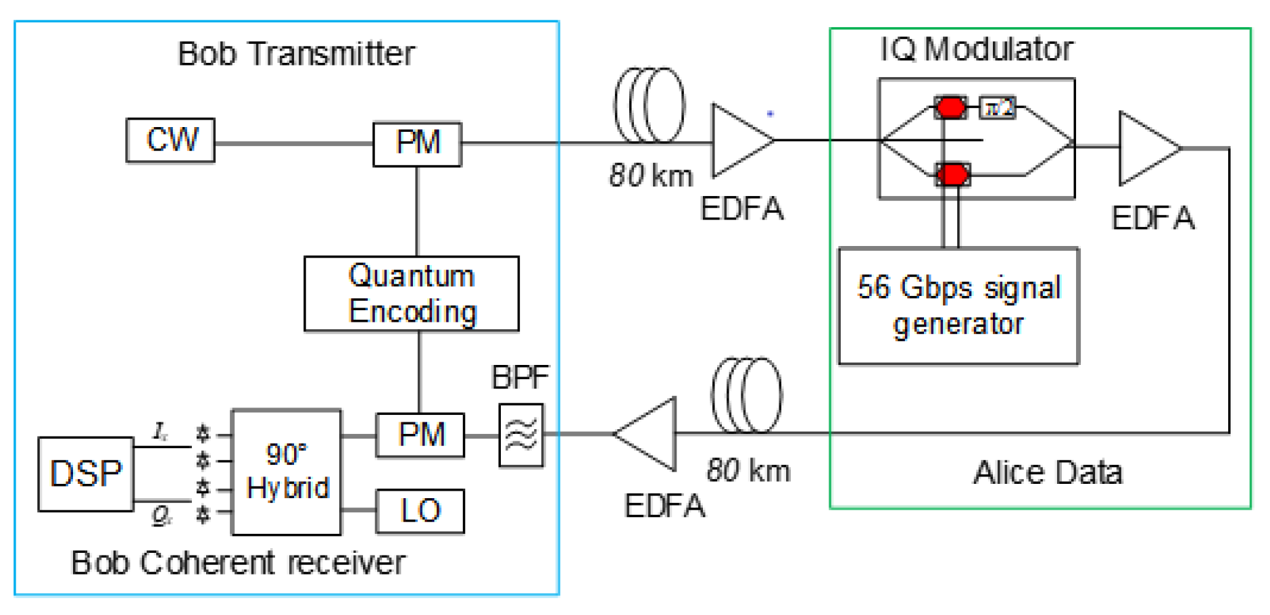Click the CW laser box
pyautogui.click(x=170, y=140)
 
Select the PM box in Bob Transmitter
pyautogui.click(x=417, y=143)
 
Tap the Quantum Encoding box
pyautogui.click(x=412, y=293)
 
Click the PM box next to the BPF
pyautogui.click(x=420, y=435)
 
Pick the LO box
pyautogui.click(x=420, y=511)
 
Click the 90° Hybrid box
pyautogui.click(x=287, y=472)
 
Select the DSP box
pyautogui.click(x=86, y=474)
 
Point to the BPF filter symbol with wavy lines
pyautogui.click(x=520, y=435)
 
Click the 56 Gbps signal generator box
pyautogui.click(x=958, y=306)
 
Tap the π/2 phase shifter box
pyautogui.click(x=997, y=107)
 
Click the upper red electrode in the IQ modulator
pyautogui.click(x=950, y=107)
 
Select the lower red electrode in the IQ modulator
pyautogui.click(x=952, y=174)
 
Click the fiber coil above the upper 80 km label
pyautogui.click(x=649, y=105)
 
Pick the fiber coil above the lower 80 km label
pyautogui.click(x=746, y=395)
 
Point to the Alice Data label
pyautogui.click(x=1048, y=472)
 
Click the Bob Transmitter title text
pyautogui.click(x=296, y=53)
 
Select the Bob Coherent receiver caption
pyautogui.click(x=238, y=562)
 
